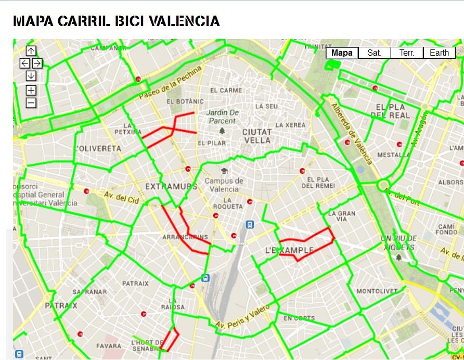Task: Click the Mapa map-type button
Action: (x=342, y=53)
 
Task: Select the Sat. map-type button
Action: (x=375, y=53)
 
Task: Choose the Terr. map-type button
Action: (x=407, y=53)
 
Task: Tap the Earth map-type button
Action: (x=439, y=53)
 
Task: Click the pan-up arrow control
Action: (x=31, y=50)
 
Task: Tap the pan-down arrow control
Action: (x=31, y=76)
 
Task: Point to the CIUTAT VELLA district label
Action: (x=257, y=136)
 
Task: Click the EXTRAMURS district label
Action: (x=171, y=186)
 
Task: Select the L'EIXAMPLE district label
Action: (x=290, y=250)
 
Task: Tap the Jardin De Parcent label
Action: (x=223, y=117)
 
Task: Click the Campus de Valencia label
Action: (x=224, y=185)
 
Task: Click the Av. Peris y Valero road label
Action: (x=243, y=317)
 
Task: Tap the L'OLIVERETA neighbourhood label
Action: (x=98, y=148)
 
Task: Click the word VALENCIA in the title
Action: (x=184, y=21)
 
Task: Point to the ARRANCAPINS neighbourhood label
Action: (x=186, y=237)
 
